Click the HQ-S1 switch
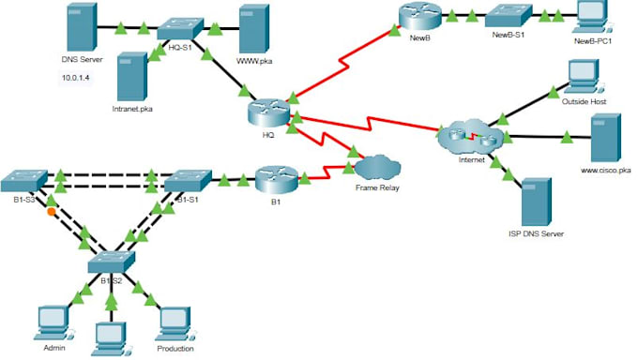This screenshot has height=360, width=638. click(x=175, y=30)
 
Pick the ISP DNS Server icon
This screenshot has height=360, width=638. click(x=536, y=200)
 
